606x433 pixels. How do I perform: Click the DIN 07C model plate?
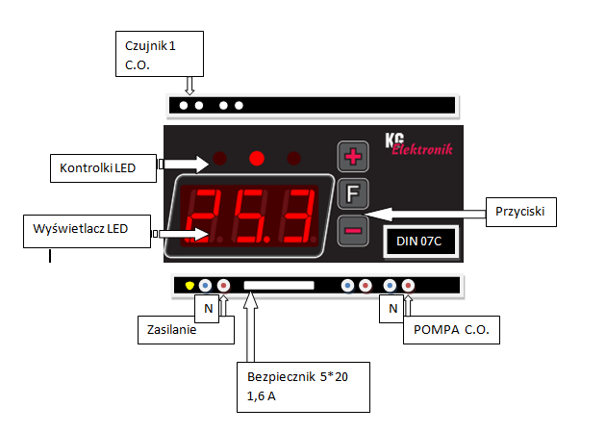[418, 241]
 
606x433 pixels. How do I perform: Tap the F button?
[351, 192]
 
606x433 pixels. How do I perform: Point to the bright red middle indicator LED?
[257, 158]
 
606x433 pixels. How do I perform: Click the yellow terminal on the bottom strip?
[189, 286]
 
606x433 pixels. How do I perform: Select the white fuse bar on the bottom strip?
[279, 286]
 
